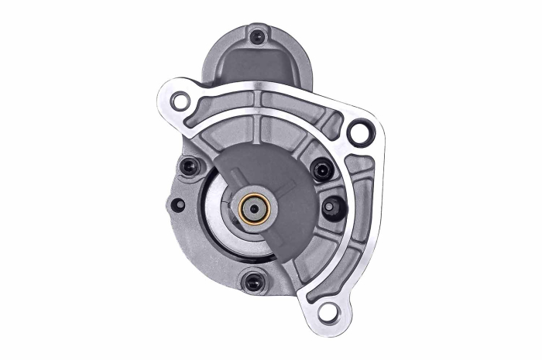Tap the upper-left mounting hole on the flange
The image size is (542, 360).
(x=180, y=101)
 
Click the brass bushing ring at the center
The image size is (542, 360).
(x=254, y=207)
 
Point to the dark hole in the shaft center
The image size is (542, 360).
(x=254, y=207)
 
